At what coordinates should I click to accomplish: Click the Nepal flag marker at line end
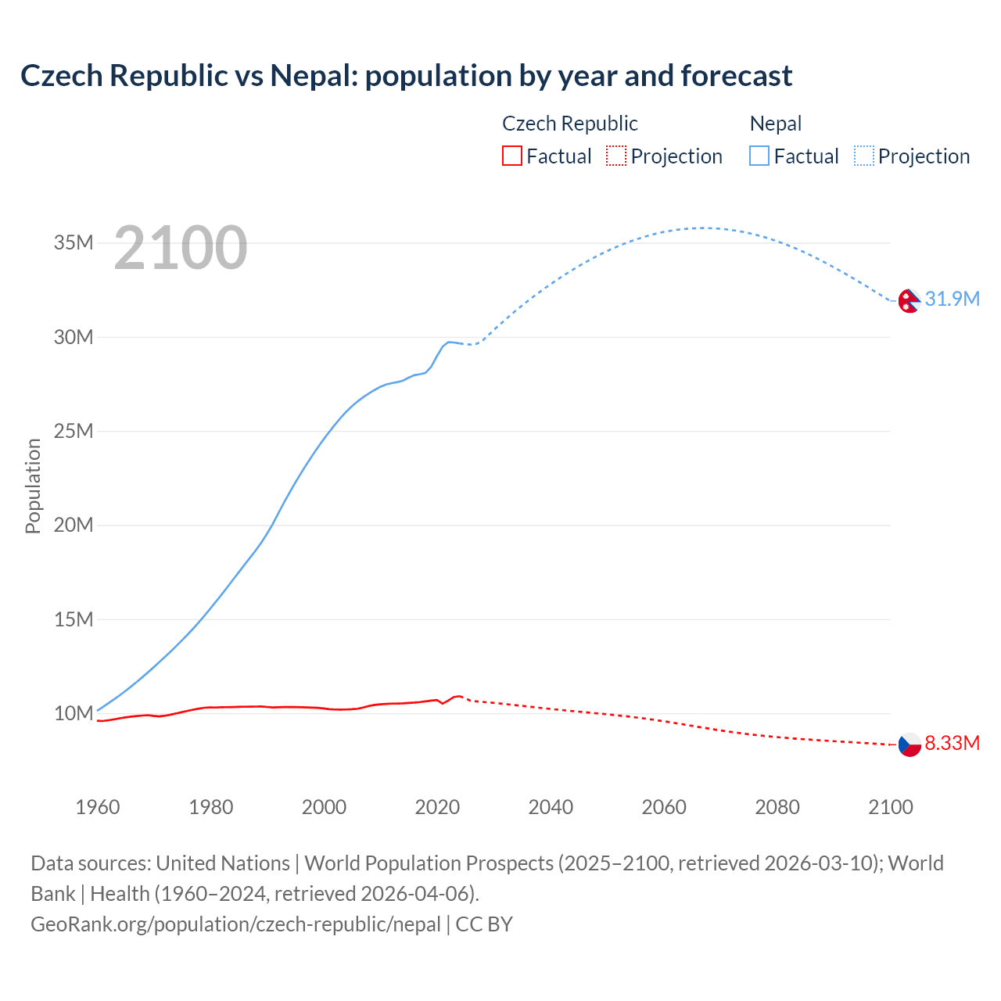909,300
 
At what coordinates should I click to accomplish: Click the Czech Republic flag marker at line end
909,744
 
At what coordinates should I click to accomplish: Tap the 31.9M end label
952,300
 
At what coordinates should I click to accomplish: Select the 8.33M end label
952,744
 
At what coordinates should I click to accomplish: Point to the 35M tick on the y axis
74,243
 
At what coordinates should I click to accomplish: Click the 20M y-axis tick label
74,526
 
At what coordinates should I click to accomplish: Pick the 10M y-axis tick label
74,714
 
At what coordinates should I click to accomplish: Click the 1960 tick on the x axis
98,807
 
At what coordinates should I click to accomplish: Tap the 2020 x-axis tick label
437,807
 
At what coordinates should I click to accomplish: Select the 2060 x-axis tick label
664,807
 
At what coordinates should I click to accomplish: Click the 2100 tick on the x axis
890,807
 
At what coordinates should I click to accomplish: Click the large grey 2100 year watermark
181,249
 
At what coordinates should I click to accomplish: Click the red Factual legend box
511,156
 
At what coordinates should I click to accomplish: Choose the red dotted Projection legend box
616,156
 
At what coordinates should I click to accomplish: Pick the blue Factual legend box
759,156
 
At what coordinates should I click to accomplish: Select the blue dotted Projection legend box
864,156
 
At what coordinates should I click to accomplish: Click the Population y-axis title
33,486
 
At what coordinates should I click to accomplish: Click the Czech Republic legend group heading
569,124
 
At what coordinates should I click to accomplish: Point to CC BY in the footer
484,924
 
